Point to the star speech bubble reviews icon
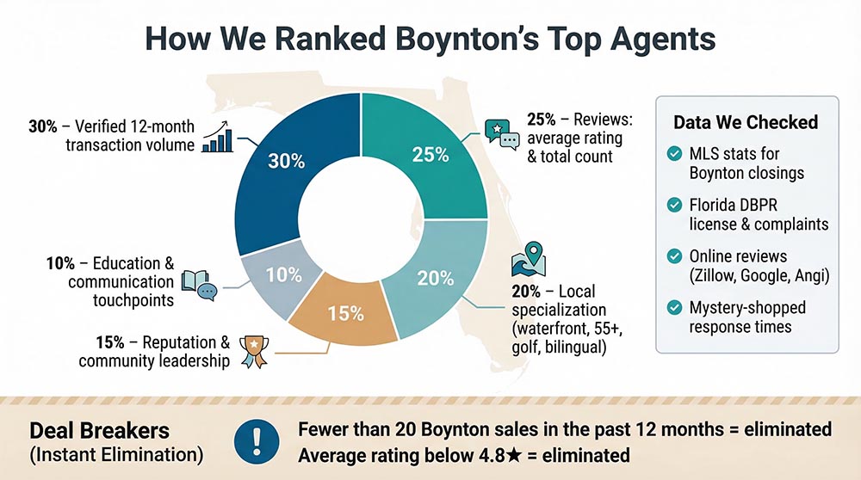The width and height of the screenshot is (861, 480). click(x=502, y=132)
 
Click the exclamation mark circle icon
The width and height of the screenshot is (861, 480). click(x=255, y=439)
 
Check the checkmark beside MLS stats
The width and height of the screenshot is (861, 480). click(x=674, y=154)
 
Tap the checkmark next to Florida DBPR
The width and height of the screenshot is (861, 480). click(x=674, y=205)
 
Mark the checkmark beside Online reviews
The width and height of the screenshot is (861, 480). click(x=674, y=255)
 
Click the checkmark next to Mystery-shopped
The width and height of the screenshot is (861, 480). click(x=674, y=307)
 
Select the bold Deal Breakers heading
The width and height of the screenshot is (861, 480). click(x=88, y=430)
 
